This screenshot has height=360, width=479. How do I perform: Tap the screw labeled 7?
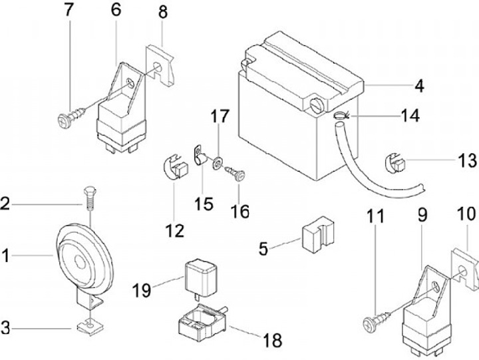69,120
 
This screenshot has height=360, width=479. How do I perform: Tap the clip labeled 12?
174,166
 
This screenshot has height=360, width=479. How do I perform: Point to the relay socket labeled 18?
202,319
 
